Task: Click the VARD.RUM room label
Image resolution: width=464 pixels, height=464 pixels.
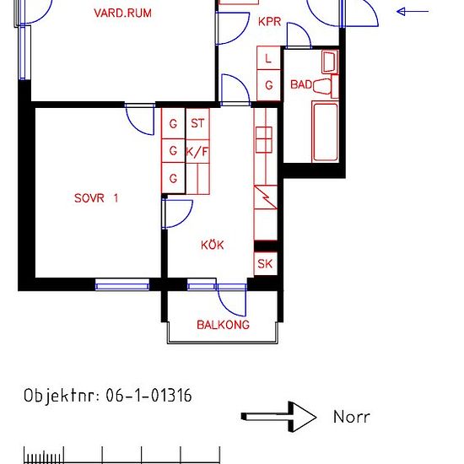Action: coord(122,13)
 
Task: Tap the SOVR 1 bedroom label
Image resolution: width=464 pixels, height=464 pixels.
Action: coord(96,198)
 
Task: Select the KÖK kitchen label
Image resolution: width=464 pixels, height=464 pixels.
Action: coord(212,245)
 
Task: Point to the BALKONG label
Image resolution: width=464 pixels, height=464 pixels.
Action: coord(223,325)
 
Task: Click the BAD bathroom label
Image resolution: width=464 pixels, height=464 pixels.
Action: coord(301,84)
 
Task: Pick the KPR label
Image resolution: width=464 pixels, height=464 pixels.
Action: coord(269,22)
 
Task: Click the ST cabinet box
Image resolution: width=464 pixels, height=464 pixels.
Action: coord(197,124)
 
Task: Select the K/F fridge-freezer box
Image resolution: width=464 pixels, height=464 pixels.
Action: coord(197,152)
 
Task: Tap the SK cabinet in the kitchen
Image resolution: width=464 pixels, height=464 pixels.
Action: coord(266,263)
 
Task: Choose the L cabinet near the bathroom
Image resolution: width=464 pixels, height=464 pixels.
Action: coord(268,58)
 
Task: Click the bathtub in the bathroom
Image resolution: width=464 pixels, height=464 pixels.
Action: coord(325,132)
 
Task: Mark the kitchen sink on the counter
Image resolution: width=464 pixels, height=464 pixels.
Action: coord(264,140)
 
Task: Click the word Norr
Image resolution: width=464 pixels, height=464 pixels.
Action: coord(351,417)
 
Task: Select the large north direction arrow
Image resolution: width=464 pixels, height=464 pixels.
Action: coord(278,417)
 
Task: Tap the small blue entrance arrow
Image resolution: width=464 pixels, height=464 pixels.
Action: coord(413,12)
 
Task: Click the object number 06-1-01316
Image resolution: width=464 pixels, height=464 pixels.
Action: coord(148,396)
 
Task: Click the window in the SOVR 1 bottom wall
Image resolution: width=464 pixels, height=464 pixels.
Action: coord(122,286)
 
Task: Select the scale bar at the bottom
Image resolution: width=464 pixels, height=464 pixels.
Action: coord(121,455)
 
